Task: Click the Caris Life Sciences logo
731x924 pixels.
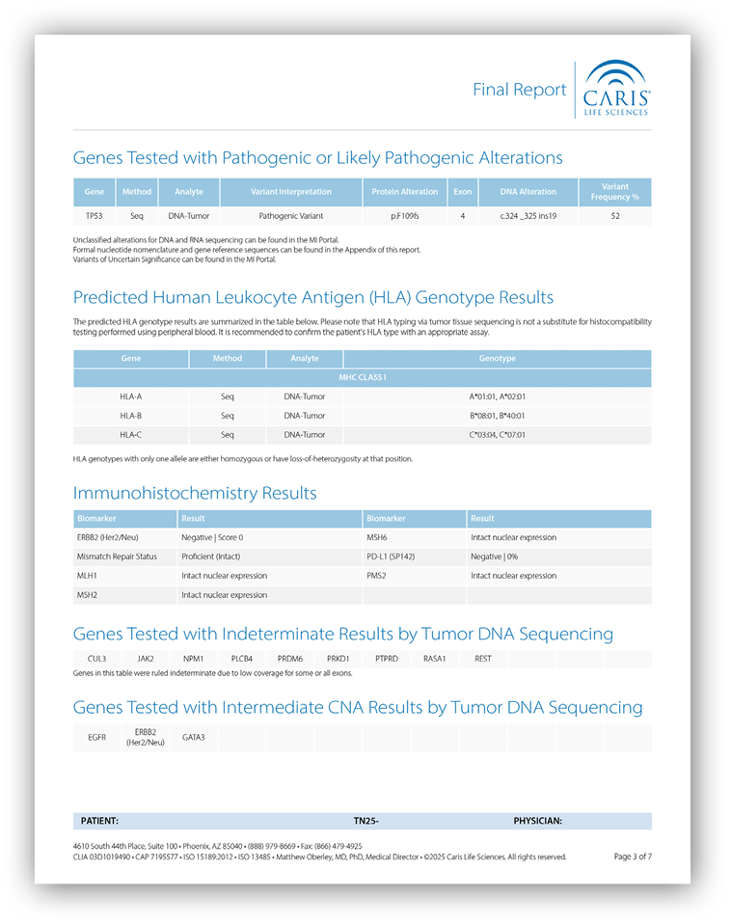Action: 617,89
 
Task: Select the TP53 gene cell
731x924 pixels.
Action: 95,216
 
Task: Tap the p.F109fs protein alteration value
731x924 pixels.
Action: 405,216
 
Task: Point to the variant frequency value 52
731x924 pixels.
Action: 614,216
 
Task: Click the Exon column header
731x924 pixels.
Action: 462,192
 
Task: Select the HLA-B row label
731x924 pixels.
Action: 130,416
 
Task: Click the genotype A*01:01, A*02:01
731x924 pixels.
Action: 497,396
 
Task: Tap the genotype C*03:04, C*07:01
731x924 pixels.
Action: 497,435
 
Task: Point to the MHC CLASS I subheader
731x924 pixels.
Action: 362,377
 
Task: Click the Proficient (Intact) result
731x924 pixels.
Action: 210,557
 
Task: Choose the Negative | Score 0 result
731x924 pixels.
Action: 212,537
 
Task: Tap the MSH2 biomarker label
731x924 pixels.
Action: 88,595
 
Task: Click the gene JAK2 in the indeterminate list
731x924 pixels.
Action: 145,659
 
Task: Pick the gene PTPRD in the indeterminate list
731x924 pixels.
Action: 386,659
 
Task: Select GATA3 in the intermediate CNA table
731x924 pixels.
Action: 194,737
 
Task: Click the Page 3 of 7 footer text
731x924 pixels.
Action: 633,856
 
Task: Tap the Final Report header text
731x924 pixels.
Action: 519,90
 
